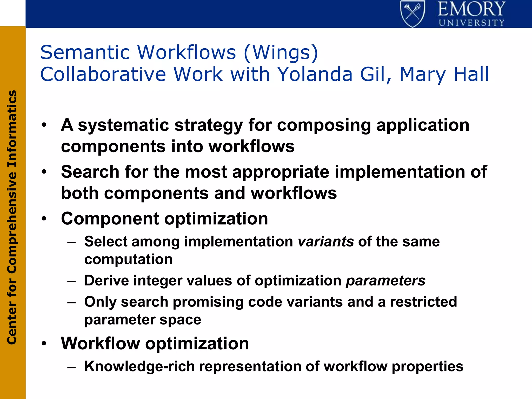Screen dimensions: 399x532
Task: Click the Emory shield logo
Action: [413, 14]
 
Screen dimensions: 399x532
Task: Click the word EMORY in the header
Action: [471, 9]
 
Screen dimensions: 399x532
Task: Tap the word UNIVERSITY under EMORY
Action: [471, 23]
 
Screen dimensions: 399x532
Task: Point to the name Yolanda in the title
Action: [315, 75]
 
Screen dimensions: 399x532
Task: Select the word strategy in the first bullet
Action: [209, 125]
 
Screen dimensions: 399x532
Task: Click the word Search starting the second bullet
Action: [90, 172]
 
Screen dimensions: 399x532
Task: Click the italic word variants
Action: [325, 242]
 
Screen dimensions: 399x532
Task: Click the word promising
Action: [208, 302]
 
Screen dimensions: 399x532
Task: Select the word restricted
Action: [423, 302]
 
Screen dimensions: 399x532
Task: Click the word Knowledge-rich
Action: [139, 367]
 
